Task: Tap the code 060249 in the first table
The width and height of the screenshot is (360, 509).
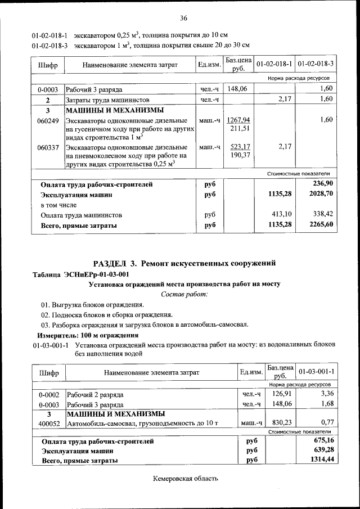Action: pos(48,120)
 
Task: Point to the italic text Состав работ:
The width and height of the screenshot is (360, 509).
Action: pos(184,294)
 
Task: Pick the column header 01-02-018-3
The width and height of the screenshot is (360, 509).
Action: pos(316,65)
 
